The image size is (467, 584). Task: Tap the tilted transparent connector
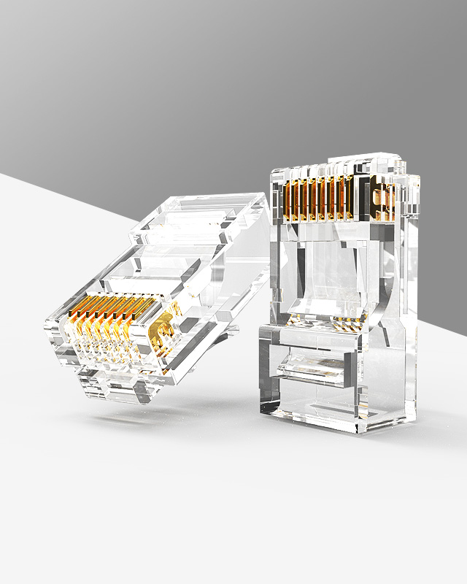[x=153, y=299]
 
